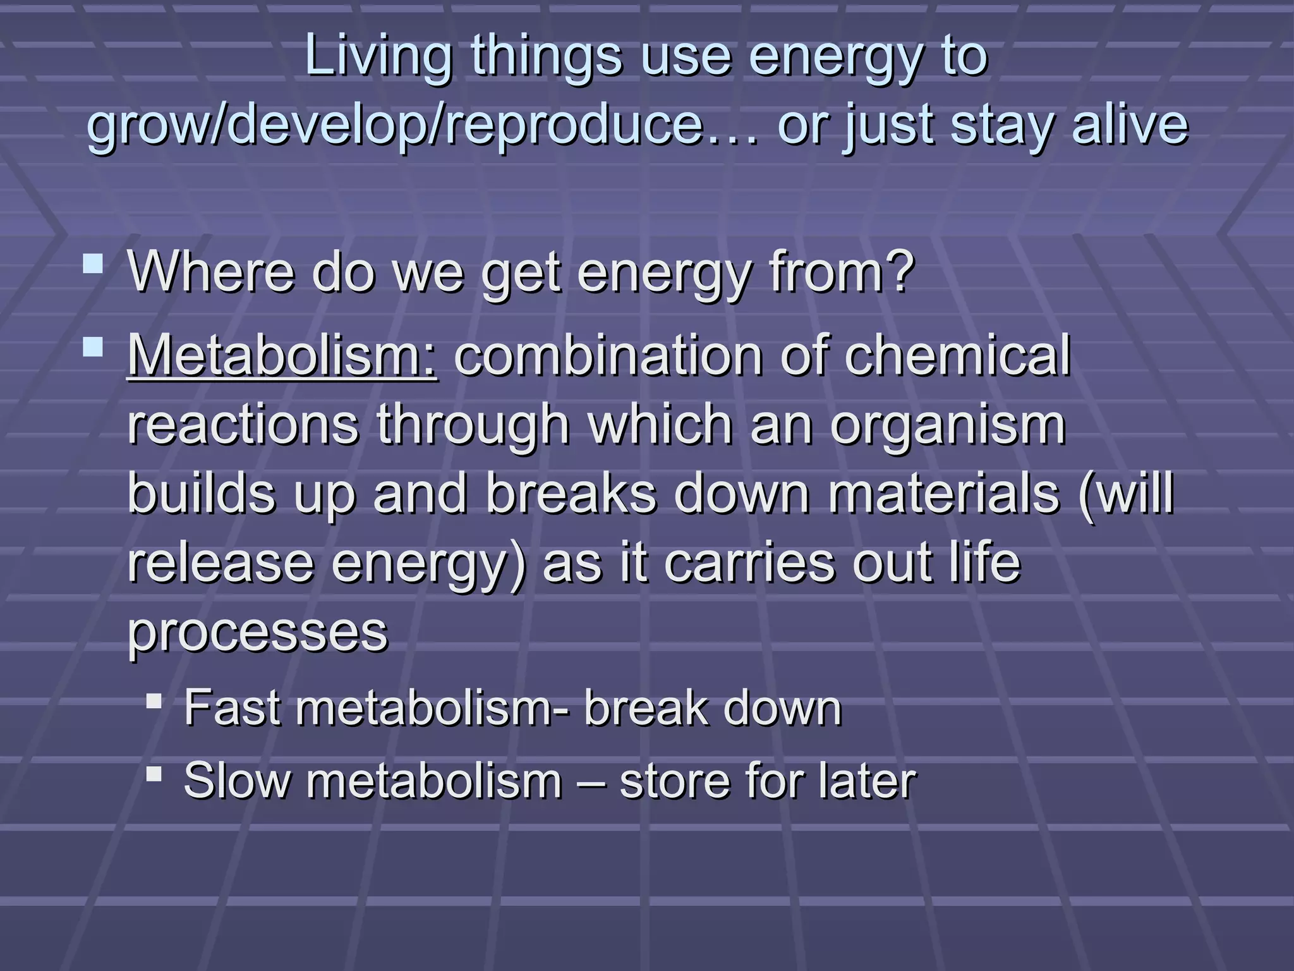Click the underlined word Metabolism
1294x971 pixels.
coord(282,355)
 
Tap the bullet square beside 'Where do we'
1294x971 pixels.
coord(93,264)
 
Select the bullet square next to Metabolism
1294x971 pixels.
coord(93,347)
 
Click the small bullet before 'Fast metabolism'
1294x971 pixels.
coord(154,701)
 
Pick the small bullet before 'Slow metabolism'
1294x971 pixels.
coord(154,773)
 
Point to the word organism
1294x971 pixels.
coord(948,426)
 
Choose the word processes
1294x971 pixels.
coord(258,632)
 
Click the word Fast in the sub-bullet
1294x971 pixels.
coord(231,708)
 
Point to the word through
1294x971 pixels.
coord(474,426)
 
